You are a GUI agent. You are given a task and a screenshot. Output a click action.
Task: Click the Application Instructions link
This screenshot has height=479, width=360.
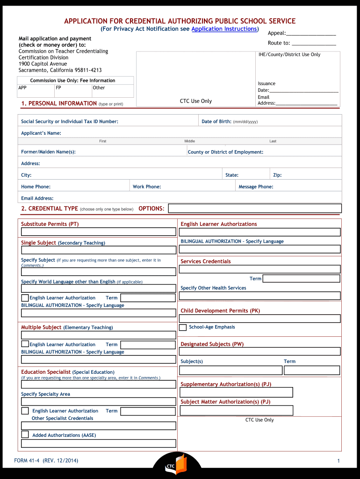click(x=224, y=29)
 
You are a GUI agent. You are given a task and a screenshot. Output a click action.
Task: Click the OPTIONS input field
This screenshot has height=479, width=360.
click(x=255, y=208)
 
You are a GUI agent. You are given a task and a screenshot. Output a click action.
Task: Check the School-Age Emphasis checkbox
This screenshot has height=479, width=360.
click(x=183, y=327)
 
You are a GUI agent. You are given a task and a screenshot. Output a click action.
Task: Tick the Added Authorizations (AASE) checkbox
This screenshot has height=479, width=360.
click(x=25, y=435)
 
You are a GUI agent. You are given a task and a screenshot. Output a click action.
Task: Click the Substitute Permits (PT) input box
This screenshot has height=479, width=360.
click(x=98, y=232)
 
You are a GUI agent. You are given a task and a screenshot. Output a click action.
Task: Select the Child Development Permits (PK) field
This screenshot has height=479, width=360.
click(x=260, y=319)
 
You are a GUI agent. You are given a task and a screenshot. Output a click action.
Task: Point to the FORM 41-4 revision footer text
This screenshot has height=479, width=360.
click(x=46, y=461)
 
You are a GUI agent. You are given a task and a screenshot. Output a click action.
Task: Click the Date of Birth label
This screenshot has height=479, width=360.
click(x=216, y=122)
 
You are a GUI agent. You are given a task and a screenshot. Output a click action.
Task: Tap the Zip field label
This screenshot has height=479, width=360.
click(x=277, y=175)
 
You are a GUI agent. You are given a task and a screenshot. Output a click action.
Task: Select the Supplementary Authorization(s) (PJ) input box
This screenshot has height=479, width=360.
click(x=236, y=392)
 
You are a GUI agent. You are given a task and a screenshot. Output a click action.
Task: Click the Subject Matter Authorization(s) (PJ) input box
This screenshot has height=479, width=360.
click(x=236, y=410)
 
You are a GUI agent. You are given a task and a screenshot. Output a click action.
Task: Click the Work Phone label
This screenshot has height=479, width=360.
click(x=147, y=187)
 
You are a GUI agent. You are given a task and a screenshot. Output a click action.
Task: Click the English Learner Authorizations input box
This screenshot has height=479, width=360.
click(x=260, y=232)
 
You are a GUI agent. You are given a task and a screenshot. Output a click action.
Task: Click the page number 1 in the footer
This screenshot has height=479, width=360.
click(x=338, y=461)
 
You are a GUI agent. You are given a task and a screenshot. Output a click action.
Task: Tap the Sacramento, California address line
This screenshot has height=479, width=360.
click(x=60, y=70)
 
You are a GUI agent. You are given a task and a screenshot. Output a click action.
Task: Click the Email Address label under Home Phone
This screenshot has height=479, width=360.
click(x=37, y=198)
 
